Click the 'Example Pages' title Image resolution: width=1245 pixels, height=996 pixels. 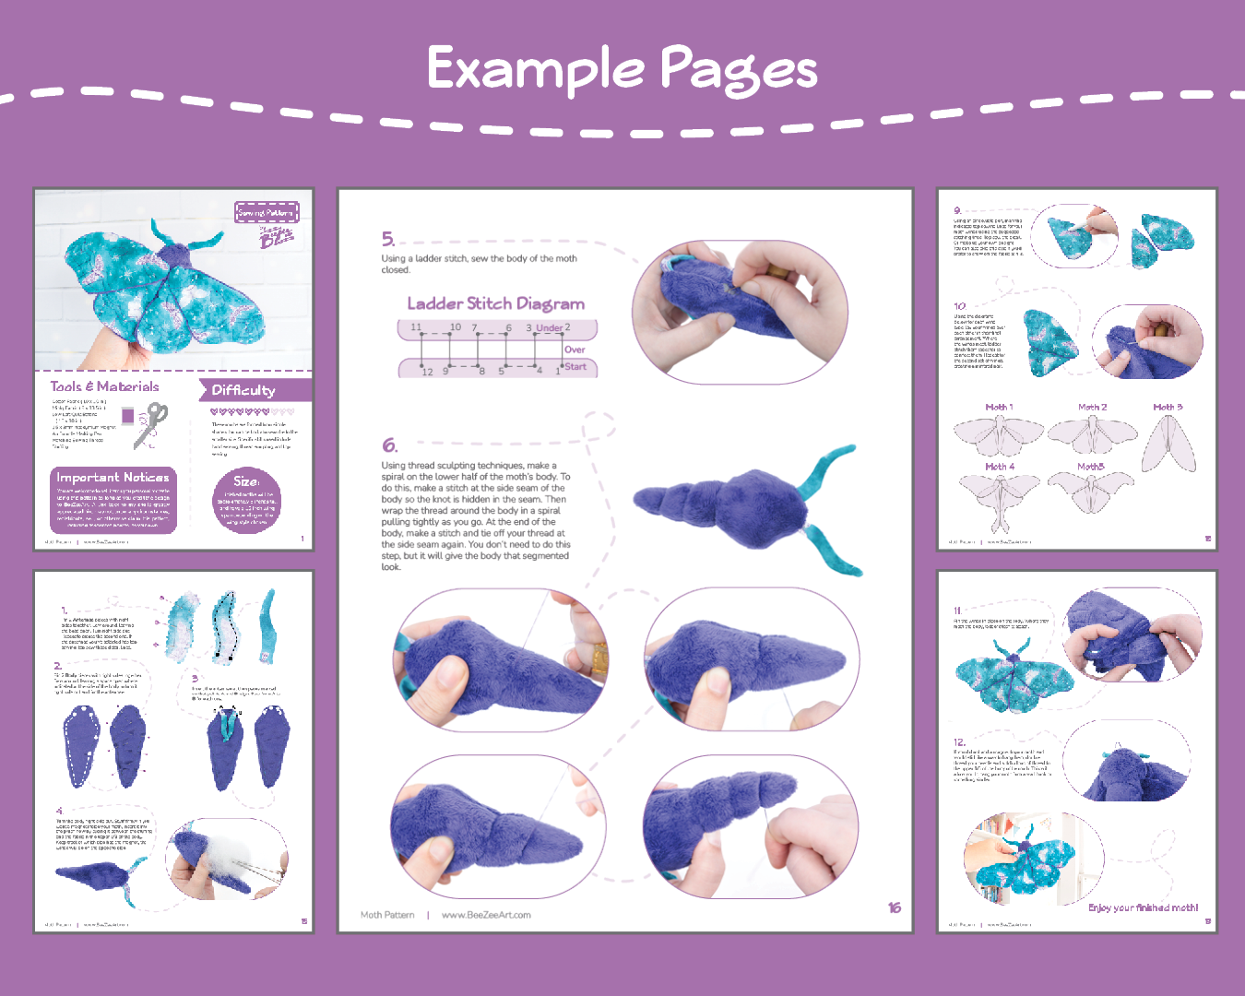click(622, 69)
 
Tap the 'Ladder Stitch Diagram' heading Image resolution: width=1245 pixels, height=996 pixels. click(496, 303)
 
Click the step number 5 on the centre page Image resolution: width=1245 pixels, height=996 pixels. click(388, 240)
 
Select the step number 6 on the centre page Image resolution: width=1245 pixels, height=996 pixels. click(389, 445)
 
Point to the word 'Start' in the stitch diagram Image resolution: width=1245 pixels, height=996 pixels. click(575, 367)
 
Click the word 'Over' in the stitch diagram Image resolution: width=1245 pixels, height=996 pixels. click(575, 350)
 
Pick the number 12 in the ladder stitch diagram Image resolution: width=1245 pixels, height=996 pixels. click(427, 372)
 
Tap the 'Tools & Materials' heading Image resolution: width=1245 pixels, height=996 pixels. click(104, 387)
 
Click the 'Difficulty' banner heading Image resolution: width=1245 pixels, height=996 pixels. click(243, 390)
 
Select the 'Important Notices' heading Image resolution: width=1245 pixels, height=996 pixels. click(113, 477)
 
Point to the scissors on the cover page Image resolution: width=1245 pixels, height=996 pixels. click(151, 424)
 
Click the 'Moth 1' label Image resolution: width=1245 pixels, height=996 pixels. click(999, 407)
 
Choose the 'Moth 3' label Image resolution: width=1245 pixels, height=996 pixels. click(1168, 407)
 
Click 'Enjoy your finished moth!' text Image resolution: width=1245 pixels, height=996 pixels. click(1143, 907)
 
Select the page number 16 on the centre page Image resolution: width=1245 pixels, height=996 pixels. click(894, 907)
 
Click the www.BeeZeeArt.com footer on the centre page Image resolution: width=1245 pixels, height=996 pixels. click(486, 915)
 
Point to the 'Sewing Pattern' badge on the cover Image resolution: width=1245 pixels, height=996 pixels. click(267, 213)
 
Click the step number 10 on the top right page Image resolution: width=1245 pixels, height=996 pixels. click(960, 306)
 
